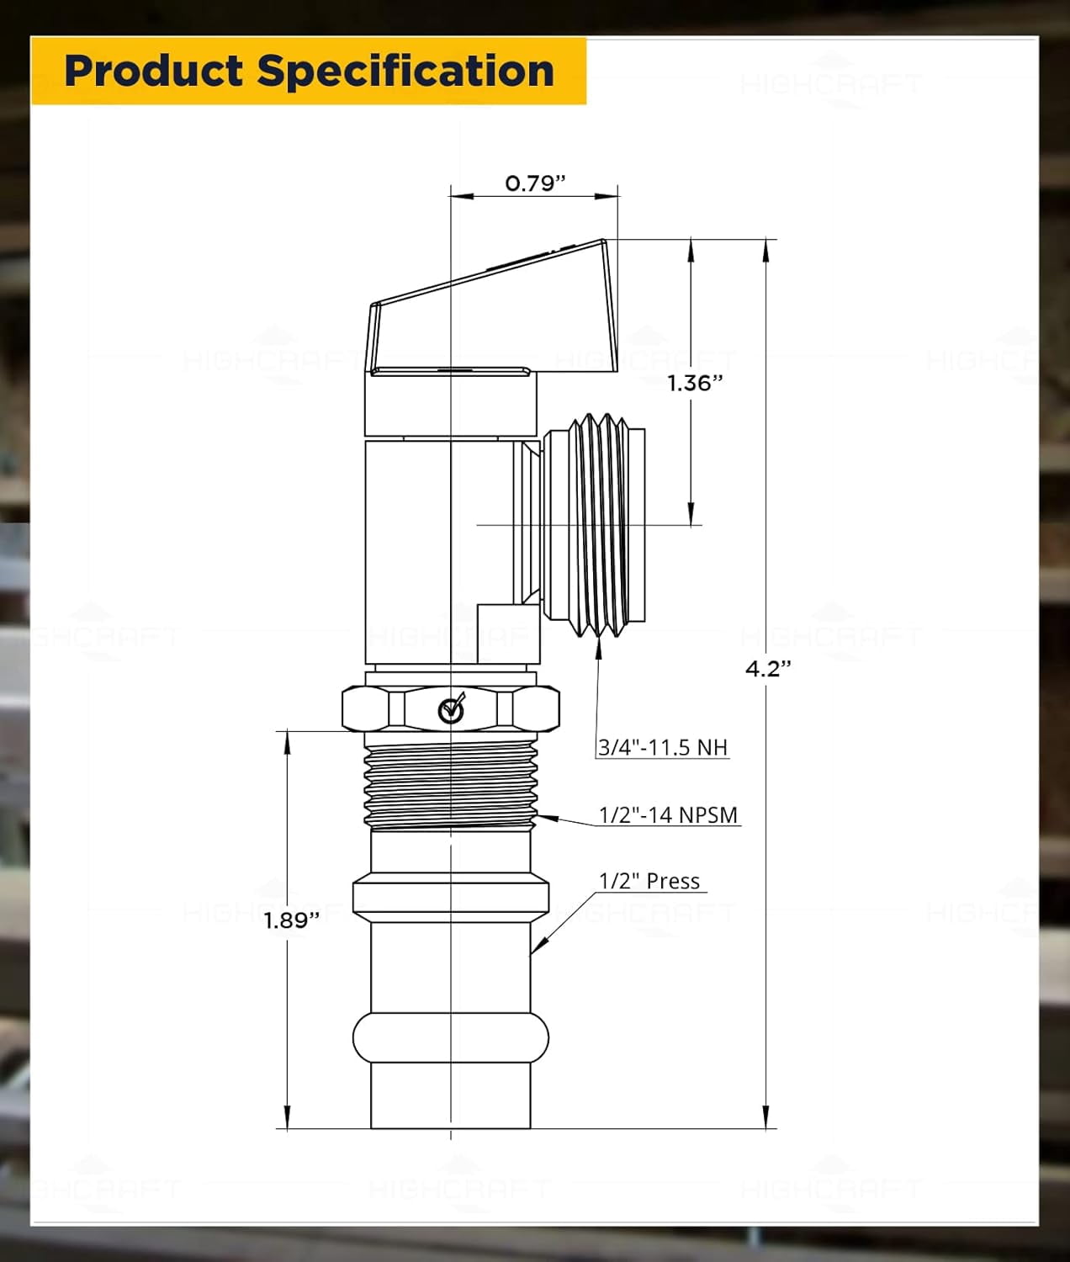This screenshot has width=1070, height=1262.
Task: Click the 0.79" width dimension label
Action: [x=535, y=183]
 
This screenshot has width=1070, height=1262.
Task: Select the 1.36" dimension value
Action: [x=695, y=384]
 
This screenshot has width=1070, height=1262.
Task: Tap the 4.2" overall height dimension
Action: [x=768, y=669]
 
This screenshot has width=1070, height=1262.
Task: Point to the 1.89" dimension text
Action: [x=292, y=920]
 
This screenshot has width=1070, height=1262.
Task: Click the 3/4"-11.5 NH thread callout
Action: [x=663, y=747]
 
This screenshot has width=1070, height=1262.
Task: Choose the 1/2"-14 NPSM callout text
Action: [x=668, y=815]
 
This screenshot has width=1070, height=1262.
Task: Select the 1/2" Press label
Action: [x=649, y=881]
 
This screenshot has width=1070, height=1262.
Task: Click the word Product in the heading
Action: [x=154, y=71]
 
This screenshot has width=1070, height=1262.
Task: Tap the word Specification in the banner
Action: [x=405, y=71]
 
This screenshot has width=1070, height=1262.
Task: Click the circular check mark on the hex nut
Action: [x=452, y=710]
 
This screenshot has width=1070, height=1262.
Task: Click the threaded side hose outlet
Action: [x=594, y=525]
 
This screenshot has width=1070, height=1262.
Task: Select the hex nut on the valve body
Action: [x=451, y=708]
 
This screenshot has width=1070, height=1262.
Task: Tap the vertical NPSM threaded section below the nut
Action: [x=451, y=781]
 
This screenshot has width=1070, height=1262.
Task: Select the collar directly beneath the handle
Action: [x=450, y=404]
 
